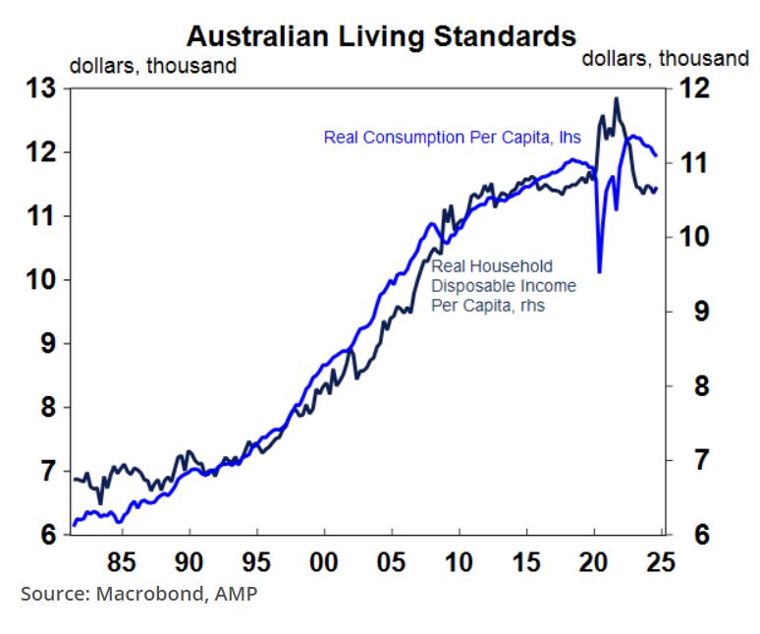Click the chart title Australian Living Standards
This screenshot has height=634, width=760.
coord(381,36)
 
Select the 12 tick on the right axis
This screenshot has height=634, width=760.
coord(692,88)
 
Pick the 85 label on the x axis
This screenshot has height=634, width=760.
coord(122,565)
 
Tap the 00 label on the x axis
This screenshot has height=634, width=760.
coord(324,565)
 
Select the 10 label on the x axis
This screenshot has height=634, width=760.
coord(459,565)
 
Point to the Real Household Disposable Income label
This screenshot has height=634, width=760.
coord(504,286)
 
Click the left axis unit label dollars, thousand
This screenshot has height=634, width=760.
coord(152,67)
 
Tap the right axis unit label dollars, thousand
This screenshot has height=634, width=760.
coord(665,59)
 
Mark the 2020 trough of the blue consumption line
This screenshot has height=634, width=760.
coord(599,271)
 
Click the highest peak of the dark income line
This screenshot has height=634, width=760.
coord(616,98)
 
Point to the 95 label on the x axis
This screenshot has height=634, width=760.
coord(256,565)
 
